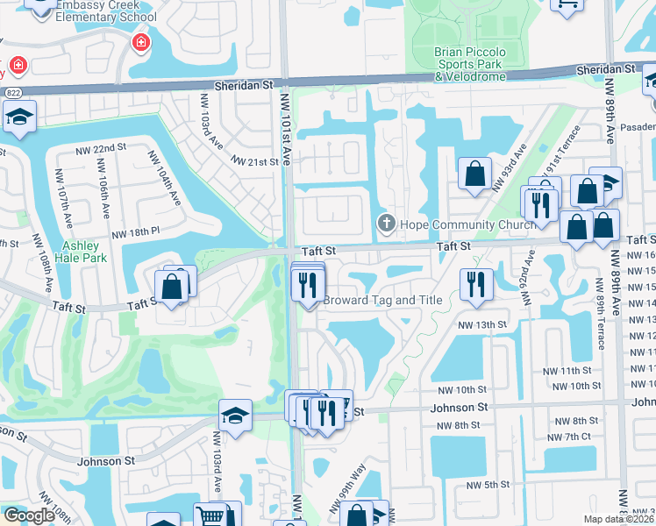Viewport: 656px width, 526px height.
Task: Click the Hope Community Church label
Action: (x=467, y=224)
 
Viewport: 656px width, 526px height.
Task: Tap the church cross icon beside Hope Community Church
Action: (x=385, y=224)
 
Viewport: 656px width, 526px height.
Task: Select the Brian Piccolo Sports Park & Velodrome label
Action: (x=470, y=64)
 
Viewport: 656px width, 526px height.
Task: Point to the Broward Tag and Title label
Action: (x=382, y=300)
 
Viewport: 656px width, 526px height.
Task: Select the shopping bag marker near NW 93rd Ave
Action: (x=474, y=173)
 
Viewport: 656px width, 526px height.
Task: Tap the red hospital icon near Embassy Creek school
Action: (x=140, y=43)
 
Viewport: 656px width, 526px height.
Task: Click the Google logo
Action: (x=28, y=515)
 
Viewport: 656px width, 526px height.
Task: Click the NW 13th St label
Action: (x=482, y=324)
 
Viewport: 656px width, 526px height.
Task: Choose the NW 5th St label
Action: (x=488, y=485)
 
